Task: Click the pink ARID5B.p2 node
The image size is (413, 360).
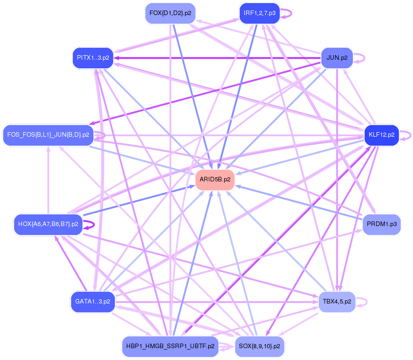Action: click(215, 180)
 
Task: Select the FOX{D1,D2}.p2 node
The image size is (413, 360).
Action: click(170, 13)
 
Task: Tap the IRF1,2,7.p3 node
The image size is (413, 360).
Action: click(259, 13)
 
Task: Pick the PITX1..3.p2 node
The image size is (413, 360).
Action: click(93, 58)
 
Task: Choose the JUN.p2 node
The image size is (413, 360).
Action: click(337, 58)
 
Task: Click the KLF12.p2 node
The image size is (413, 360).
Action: click(382, 135)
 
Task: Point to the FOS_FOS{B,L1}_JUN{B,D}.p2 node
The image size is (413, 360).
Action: click(48, 135)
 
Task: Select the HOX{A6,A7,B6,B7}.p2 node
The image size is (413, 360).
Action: click(48, 224)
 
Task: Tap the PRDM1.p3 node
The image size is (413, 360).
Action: click(382, 224)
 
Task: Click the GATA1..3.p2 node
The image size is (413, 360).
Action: click(93, 301)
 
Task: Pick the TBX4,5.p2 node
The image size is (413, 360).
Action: click(337, 301)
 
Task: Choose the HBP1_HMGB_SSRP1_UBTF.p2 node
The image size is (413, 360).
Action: click(170, 346)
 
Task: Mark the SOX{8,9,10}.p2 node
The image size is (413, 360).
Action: click(259, 346)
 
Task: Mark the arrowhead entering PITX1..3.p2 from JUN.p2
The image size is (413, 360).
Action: click(117, 58)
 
